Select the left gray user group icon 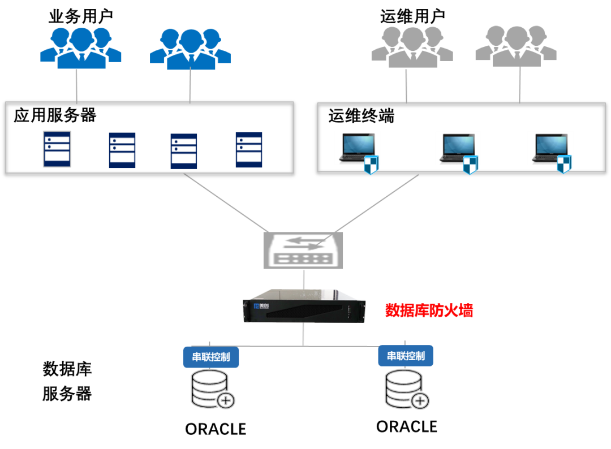tap(412, 48)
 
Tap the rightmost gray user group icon tap(516, 48)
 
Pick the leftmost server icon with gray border tap(57, 149)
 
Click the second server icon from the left tap(122, 150)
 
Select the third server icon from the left tap(184, 151)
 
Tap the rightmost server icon tap(249, 150)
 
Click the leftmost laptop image tap(356, 148)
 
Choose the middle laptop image tap(457, 148)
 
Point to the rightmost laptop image tap(549, 148)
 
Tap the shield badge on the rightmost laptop tap(563, 165)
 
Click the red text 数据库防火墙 tap(429, 310)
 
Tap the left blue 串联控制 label tap(211, 357)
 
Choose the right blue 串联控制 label tap(406, 356)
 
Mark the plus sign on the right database tap(420, 401)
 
